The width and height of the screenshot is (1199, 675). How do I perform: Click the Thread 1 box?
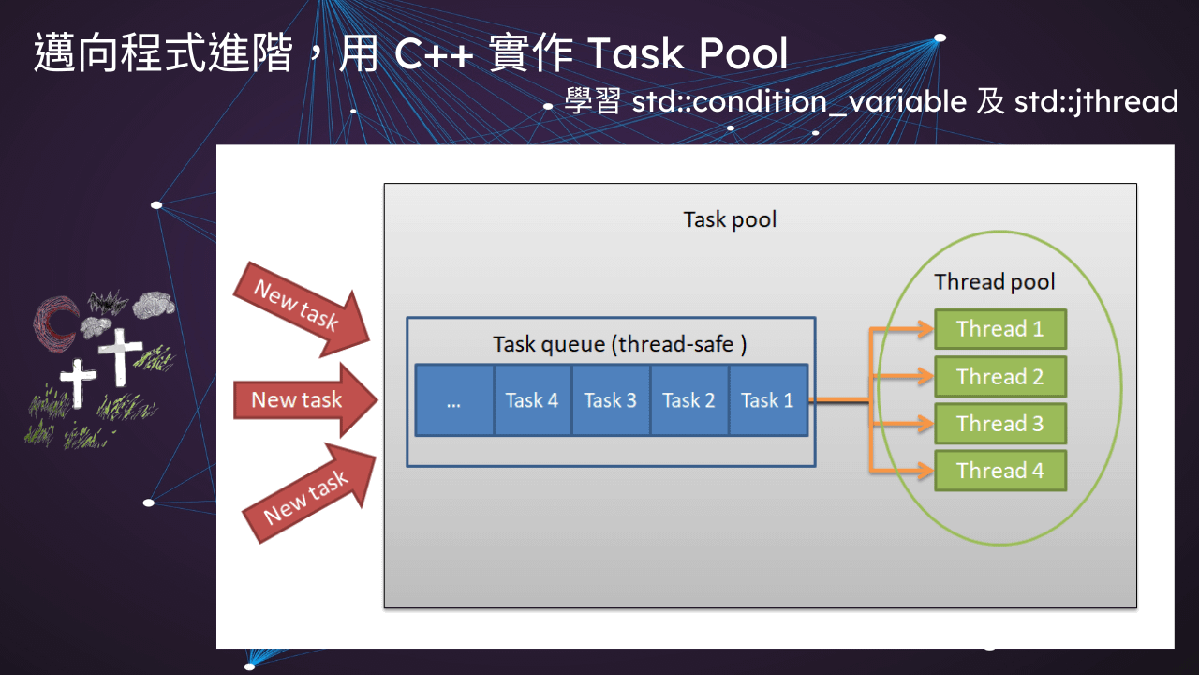1000,329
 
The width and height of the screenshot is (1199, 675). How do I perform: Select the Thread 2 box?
1000,377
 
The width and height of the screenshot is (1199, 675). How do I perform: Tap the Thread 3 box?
1000,424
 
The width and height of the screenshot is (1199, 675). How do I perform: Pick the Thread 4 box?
1000,471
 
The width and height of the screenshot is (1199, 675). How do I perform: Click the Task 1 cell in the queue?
767,400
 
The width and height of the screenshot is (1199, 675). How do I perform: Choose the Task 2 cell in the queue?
688,400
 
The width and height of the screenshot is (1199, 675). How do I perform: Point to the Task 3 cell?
610,400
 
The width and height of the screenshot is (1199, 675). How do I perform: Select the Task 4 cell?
531,400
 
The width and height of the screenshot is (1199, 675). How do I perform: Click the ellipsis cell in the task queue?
454,400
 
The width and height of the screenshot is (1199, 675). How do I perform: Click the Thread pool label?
994,282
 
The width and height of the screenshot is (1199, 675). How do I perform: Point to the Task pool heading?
730,219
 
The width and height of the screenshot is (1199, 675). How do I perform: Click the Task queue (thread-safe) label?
619,345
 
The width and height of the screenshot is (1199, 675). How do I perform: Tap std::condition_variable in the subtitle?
799,101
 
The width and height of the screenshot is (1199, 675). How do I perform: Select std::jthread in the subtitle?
1096,101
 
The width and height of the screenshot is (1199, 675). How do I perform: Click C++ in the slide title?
434,55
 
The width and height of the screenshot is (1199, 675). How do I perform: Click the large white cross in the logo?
120,355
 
